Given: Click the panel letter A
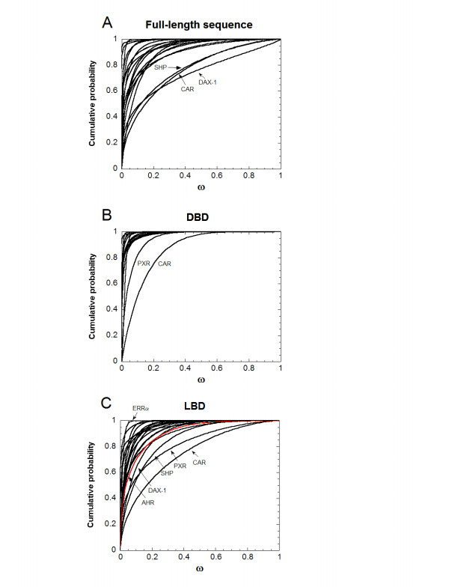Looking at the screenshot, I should [107, 22].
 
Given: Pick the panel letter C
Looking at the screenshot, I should [107, 404].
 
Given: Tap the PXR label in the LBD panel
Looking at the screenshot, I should [180, 475].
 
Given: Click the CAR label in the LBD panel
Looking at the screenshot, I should [200, 462].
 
